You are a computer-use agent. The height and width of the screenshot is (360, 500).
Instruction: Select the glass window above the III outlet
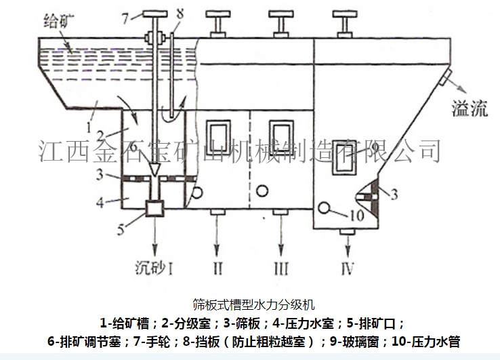280,134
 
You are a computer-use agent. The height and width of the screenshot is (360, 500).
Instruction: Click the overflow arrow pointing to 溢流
453,89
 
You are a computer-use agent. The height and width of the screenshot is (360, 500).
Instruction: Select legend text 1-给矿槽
128,322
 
